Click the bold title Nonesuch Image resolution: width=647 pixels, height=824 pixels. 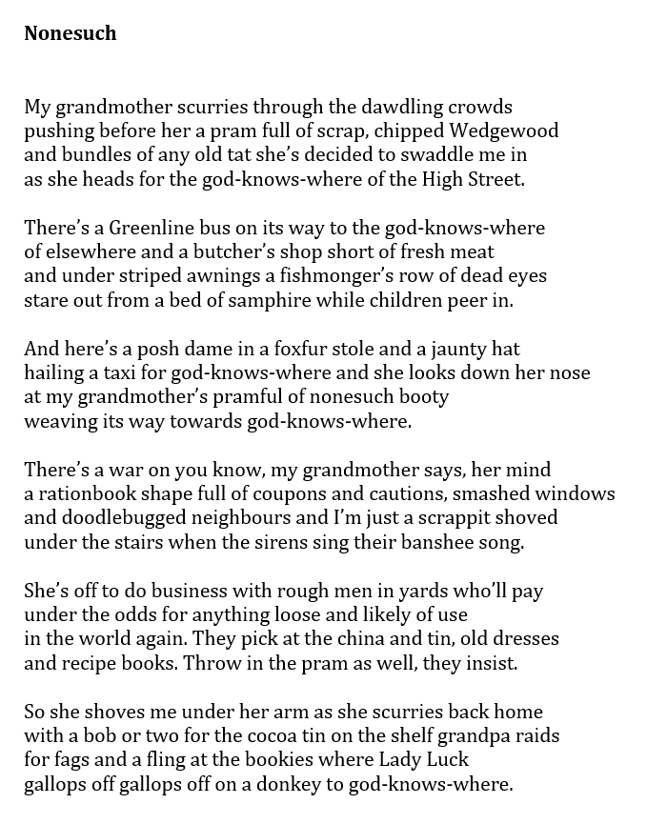click(71, 33)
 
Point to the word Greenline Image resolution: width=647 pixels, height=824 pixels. click(138, 228)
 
